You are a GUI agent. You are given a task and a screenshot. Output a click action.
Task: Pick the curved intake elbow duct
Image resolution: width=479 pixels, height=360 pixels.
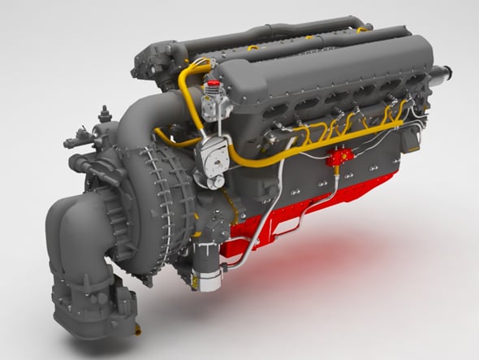76,236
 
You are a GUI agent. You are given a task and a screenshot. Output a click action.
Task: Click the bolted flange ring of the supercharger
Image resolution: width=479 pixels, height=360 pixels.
166,195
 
